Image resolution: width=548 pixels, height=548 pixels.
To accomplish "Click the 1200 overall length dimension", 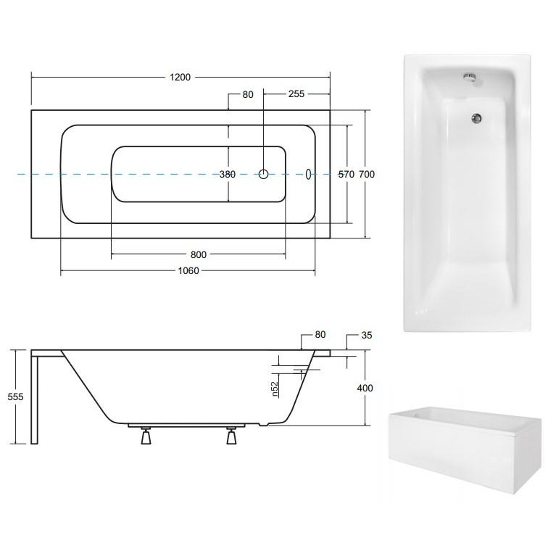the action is click(x=180, y=77).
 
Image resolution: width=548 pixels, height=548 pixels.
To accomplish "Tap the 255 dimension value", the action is click(x=296, y=94).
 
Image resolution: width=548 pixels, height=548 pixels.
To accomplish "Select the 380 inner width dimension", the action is click(x=228, y=174).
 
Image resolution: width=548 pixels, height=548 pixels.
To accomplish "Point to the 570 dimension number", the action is click(x=346, y=174).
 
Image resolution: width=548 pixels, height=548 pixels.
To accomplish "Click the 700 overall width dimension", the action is click(x=367, y=174).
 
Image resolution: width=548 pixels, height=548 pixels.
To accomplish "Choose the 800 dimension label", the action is click(x=199, y=254).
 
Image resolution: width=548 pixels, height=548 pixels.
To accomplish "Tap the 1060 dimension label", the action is click(x=188, y=270).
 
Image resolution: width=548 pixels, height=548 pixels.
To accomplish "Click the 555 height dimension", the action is click(x=15, y=397).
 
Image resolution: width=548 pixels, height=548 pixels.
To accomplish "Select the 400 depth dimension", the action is click(x=365, y=388).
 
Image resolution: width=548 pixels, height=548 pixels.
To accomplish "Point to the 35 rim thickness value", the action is click(x=367, y=335).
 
